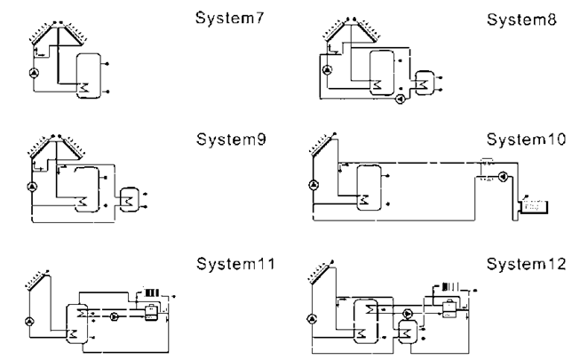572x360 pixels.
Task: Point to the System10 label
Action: coord(516,140)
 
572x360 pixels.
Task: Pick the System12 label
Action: coord(516,264)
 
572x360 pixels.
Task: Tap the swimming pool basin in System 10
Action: coord(536,206)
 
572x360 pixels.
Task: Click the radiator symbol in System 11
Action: coord(147,291)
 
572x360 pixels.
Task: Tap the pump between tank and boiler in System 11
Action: coord(113,315)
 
